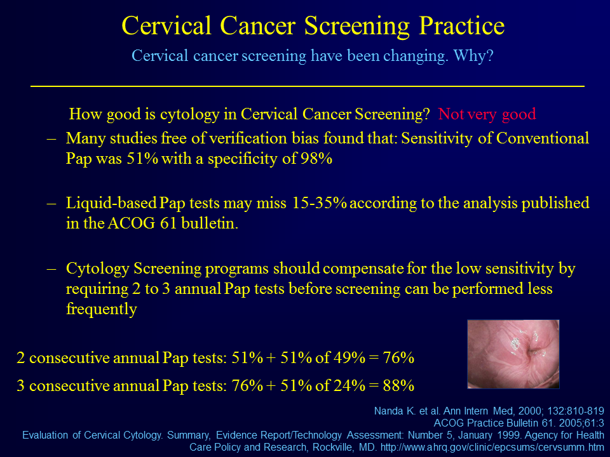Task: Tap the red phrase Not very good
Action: coord(487,114)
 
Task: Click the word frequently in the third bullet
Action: coord(102,309)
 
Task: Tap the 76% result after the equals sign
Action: coord(398,357)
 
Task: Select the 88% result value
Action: coord(398,385)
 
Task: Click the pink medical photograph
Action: coord(513,354)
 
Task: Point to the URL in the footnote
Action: coord(492,447)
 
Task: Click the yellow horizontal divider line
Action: coord(308,86)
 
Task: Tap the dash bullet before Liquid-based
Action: coord(51,204)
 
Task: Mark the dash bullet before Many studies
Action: coord(51,139)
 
